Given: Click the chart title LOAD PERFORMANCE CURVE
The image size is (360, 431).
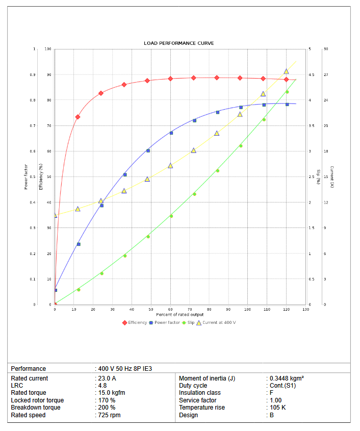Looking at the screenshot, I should point(178,43).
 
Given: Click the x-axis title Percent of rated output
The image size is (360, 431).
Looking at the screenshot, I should point(179,314).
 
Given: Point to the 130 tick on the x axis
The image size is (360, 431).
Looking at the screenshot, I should point(305,310).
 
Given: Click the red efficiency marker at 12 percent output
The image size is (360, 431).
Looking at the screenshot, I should point(78,117).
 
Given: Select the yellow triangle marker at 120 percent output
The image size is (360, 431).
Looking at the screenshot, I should point(286,71).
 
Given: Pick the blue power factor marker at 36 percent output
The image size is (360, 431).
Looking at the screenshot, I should point(125,174).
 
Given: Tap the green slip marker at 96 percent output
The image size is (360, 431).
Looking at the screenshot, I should point(241,146).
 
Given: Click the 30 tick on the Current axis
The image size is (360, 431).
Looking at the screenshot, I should point(325,49).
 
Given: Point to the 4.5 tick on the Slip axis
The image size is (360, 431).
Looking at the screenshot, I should point(311,75).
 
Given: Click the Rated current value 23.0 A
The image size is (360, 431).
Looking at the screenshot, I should point(107,378).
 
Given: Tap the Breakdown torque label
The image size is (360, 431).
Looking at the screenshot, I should point(36,408).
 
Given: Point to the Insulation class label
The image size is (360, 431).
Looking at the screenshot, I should point(200,393).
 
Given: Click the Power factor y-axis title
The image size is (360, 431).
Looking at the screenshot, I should point(26,176).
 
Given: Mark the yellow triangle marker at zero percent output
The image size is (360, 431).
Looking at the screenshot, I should point(55,215).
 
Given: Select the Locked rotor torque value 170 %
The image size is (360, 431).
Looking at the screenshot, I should point(106,400).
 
